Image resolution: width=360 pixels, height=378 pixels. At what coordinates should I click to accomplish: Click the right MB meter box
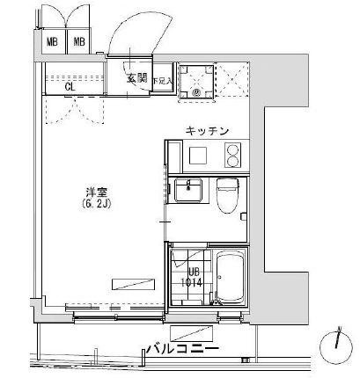(79, 41)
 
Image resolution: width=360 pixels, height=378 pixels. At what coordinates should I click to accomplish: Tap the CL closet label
(71, 86)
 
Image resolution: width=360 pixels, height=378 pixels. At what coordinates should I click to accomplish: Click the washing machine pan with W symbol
(192, 81)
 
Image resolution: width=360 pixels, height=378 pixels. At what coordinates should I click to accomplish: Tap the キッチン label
(208, 131)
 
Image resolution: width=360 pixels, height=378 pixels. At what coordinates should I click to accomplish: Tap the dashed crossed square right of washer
(227, 81)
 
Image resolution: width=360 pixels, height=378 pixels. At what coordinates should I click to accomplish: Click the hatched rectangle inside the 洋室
(133, 283)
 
